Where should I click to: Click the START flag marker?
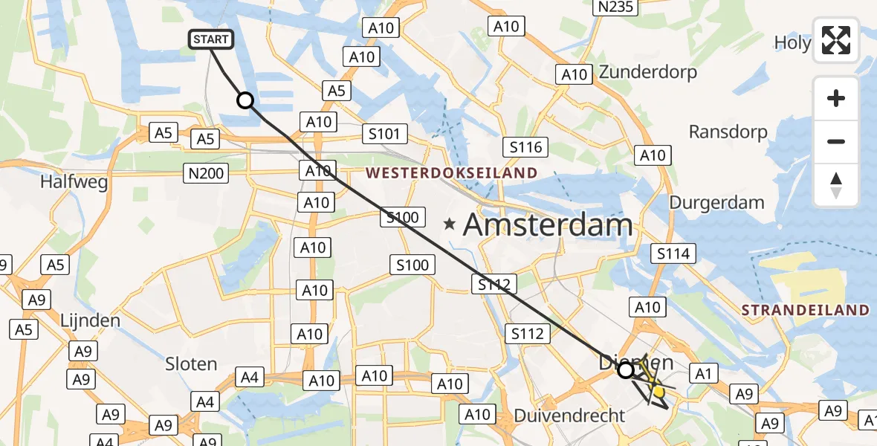213,39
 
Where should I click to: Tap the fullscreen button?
836,40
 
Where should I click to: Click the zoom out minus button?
836,141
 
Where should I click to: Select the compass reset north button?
836,185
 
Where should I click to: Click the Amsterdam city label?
548,224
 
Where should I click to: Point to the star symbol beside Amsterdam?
450,223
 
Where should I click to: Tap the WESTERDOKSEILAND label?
451,173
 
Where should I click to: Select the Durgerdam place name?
716,202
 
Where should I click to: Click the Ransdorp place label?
728,132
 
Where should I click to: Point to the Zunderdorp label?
648,73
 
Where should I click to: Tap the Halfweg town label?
74,181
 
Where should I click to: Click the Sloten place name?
191,364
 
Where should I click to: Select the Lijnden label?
91,321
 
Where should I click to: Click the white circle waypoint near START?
245,100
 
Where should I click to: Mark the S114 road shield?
673,253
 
